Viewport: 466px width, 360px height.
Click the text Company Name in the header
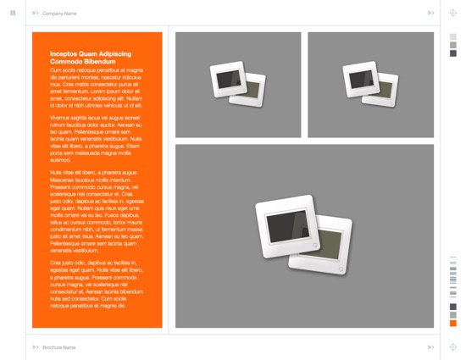[x=59, y=14]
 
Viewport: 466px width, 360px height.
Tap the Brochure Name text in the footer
[x=59, y=347]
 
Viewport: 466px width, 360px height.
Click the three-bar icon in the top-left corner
[x=13, y=13]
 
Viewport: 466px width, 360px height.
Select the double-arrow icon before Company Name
[x=36, y=14]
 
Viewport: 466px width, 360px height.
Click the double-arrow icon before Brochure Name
[x=36, y=347]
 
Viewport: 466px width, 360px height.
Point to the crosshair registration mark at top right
[x=453, y=14]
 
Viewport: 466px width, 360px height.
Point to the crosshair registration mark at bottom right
[x=453, y=347]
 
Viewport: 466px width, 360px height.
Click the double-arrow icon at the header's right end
[x=430, y=13]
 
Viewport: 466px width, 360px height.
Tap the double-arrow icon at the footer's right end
[x=430, y=347]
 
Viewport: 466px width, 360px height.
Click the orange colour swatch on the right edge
[x=453, y=323]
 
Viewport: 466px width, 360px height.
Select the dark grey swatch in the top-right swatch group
[x=453, y=53]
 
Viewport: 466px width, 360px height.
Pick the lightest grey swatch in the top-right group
[x=453, y=37]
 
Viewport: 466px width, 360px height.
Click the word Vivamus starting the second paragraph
[x=59, y=118]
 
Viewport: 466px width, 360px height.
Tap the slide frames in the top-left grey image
[x=238, y=85]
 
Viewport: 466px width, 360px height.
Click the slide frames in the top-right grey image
[x=370, y=85]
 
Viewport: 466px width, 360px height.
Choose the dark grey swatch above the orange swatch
[x=453, y=307]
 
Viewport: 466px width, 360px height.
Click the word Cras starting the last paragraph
[x=57, y=262]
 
